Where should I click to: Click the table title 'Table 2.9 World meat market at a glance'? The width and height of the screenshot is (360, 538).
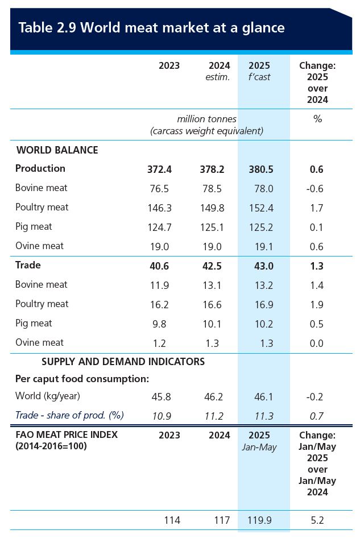(x=151, y=27)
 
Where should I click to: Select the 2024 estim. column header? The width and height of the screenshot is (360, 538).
(x=219, y=71)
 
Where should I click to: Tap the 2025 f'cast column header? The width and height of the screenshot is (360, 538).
(x=259, y=71)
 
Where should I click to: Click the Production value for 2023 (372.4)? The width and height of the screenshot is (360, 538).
(x=160, y=169)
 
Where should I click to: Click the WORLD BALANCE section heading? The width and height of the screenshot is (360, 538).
(x=57, y=150)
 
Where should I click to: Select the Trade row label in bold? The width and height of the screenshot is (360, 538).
(x=28, y=265)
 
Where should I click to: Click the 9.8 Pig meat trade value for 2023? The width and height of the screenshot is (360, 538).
(x=163, y=324)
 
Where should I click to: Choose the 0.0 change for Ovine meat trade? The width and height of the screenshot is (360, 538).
(x=316, y=343)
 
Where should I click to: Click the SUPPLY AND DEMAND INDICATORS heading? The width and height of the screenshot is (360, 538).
(x=123, y=362)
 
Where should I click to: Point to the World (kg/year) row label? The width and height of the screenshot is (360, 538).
(x=48, y=396)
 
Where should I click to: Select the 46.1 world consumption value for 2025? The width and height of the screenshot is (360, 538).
(x=262, y=397)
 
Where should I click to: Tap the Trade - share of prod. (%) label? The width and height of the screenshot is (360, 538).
(x=69, y=415)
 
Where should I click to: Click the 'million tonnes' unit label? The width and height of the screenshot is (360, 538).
(x=206, y=119)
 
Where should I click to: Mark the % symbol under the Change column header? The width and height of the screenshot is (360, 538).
(x=317, y=119)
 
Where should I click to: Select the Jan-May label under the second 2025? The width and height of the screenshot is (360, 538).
(x=259, y=447)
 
